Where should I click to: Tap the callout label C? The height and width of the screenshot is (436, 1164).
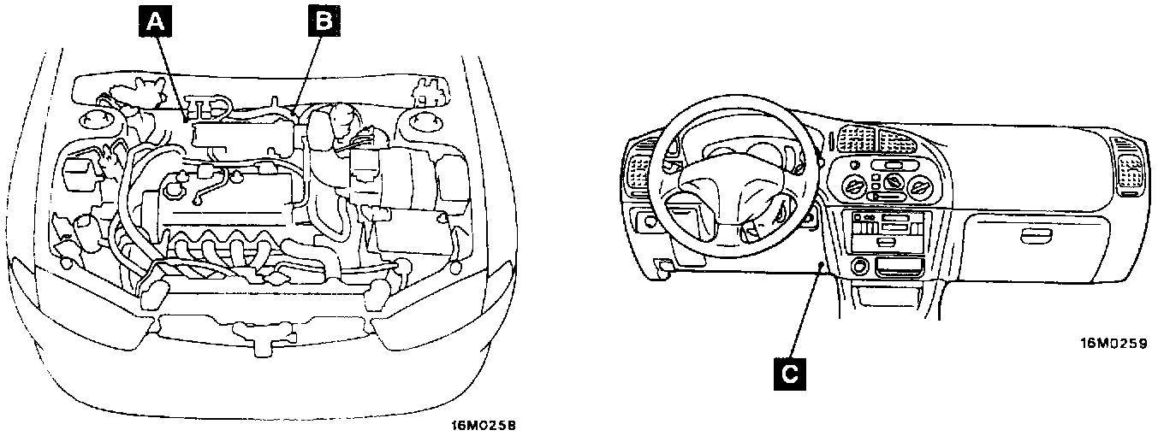(x=790, y=372)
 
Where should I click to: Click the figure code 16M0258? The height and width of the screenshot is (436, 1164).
(x=485, y=423)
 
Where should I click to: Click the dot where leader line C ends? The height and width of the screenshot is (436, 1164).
(x=821, y=268)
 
